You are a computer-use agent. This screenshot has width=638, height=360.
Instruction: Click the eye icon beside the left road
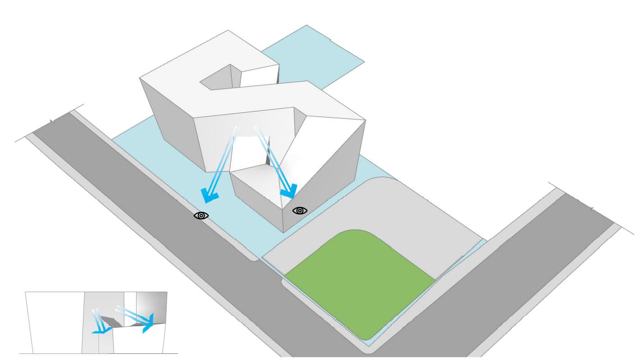click(201, 216)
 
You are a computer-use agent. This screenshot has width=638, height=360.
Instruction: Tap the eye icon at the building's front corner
click(300, 210)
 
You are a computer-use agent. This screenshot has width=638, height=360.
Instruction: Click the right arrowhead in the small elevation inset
click(147, 324)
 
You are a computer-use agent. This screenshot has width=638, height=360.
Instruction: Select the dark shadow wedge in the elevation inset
click(110, 322)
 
